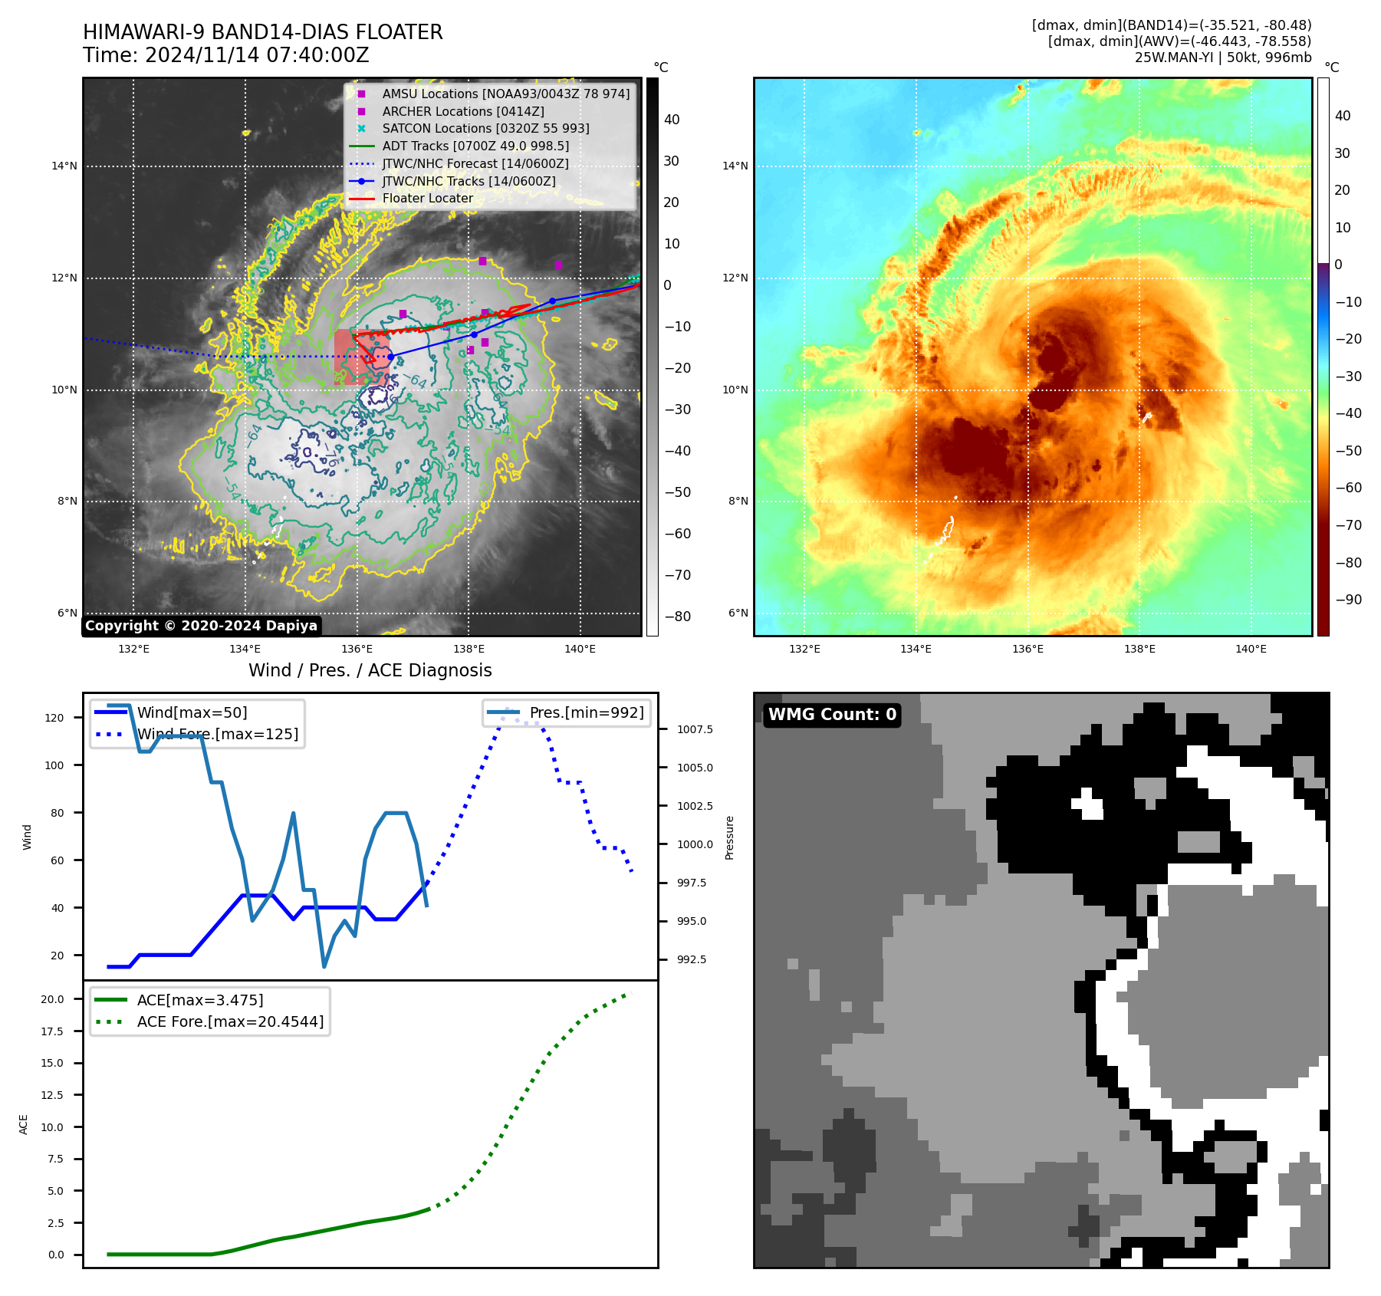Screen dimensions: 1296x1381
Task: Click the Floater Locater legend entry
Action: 427,199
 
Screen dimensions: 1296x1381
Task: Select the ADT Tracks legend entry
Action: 475,146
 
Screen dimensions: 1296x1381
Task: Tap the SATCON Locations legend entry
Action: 485,128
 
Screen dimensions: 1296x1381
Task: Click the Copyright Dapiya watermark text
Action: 201,626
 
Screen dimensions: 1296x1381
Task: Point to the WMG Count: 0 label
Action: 832,715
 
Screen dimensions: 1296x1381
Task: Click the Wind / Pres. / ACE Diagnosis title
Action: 370,671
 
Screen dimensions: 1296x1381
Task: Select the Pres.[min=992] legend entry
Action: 587,712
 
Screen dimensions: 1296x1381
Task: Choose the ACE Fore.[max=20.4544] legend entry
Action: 230,1021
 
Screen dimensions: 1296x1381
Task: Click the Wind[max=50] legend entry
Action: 192,712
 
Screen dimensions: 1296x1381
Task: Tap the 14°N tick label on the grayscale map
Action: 64,166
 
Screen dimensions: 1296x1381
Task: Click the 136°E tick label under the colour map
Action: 1028,650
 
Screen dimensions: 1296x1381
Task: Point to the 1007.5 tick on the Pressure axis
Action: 695,729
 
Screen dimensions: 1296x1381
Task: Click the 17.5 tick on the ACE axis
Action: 52,1031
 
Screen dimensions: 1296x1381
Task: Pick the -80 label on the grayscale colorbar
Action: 677,617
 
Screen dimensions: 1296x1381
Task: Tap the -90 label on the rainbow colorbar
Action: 1348,600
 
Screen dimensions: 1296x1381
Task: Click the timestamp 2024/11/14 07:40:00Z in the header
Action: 257,56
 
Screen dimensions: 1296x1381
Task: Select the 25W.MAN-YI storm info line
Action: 1222,58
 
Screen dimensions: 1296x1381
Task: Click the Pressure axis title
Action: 729,837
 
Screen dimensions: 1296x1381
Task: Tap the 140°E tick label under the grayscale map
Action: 580,650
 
